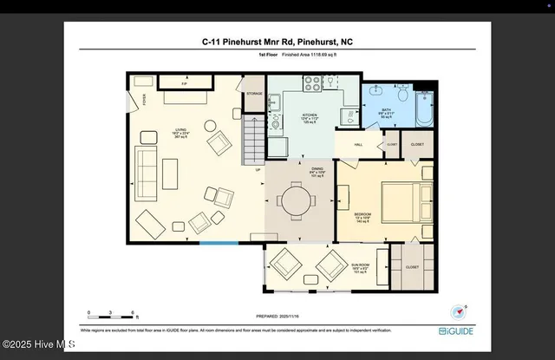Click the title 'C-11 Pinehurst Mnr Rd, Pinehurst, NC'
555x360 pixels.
277,41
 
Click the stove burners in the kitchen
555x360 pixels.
312,84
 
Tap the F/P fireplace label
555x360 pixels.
184,83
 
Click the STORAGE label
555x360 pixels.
254,93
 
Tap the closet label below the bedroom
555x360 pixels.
411,267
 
